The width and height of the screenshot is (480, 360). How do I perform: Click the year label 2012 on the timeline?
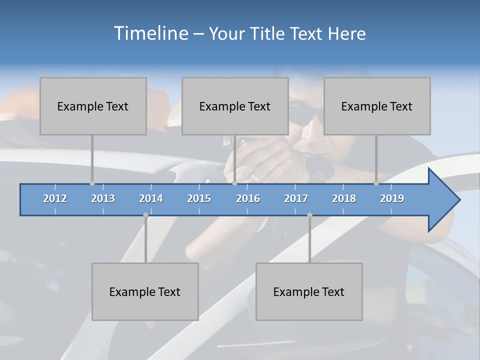[x=55, y=198]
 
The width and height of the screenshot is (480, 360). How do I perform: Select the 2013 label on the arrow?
[x=103, y=198]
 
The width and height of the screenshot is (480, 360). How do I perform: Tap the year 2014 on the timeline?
[x=151, y=198]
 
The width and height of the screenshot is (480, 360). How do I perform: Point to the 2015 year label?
[x=199, y=198]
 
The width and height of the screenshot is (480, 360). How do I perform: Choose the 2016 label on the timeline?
[x=248, y=198]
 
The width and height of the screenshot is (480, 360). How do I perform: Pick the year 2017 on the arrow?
[x=296, y=198]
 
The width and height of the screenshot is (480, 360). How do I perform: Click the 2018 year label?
[x=344, y=198]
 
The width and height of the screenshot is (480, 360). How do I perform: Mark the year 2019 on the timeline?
[x=392, y=198]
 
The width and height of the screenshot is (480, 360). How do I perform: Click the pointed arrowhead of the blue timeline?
[x=445, y=200]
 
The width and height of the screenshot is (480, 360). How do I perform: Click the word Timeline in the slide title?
[x=150, y=33]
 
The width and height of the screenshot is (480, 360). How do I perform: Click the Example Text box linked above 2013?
[x=93, y=106]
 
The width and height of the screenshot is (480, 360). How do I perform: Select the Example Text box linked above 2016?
[x=235, y=106]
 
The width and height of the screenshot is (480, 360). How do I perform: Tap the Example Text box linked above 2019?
[x=377, y=106]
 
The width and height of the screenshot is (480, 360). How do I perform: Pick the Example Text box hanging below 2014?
[x=145, y=291]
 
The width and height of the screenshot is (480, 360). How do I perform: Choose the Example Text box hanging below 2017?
[x=309, y=291]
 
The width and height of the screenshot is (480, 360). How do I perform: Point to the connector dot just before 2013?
[x=92, y=183]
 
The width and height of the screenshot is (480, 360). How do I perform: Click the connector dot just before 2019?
[x=376, y=183]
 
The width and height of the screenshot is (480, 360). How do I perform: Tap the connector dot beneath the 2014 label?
[x=145, y=215]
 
